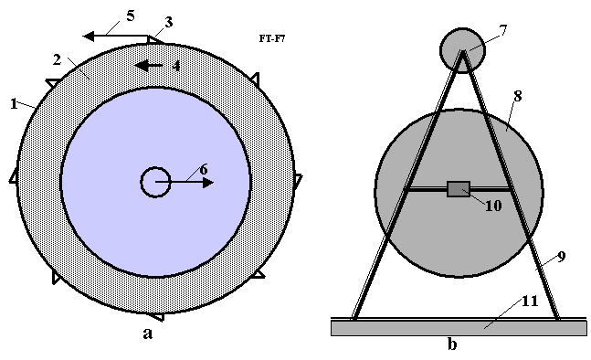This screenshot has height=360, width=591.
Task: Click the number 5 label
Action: (x=131, y=16)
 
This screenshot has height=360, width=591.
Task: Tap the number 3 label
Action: (x=168, y=22)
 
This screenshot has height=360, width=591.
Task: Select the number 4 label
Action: (x=176, y=66)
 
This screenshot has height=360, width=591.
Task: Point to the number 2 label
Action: (x=57, y=59)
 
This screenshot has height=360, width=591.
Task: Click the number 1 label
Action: (x=14, y=104)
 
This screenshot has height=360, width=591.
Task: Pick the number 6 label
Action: (x=203, y=170)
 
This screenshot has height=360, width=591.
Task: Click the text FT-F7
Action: (x=272, y=38)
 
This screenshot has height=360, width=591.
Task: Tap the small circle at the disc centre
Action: (x=155, y=182)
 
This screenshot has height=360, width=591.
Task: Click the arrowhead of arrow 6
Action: (x=208, y=183)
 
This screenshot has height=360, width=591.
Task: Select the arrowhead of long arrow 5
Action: (x=89, y=37)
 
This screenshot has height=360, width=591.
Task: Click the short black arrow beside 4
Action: (x=149, y=66)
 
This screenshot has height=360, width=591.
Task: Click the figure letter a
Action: (x=148, y=334)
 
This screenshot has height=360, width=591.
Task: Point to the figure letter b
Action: (x=452, y=344)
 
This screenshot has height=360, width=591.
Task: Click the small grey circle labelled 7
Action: (x=462, y=50)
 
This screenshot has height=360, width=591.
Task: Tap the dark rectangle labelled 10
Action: (x=459, y=189)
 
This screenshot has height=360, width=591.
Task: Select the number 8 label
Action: (x=518, y=97)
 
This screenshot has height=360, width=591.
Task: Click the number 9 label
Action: (x=561, y=257)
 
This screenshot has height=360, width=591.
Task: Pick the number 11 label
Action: (x=530, y=302)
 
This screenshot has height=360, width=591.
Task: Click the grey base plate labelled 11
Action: (x=459, y=328)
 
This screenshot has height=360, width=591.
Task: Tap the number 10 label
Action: (x=493, y=206)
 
